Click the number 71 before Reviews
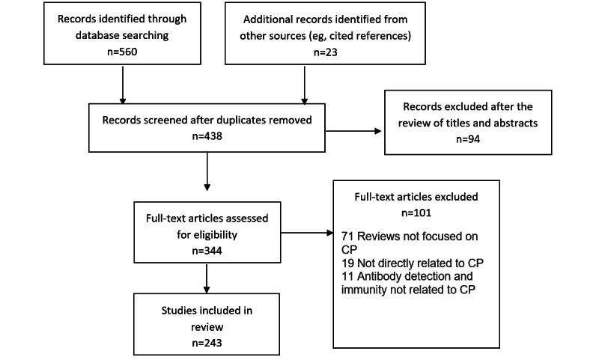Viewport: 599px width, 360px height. coord(347,237)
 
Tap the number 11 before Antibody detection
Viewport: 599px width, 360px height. coord(347,277)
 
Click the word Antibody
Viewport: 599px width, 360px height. coord(381,277)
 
